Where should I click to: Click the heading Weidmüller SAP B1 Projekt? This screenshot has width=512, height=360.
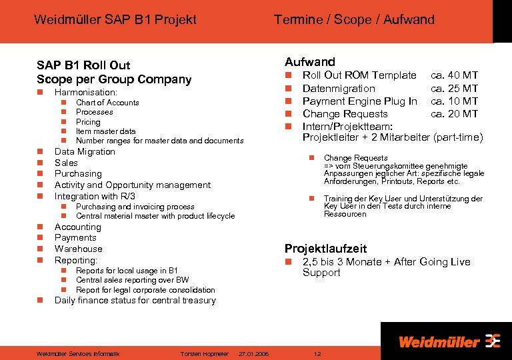pos(115,20)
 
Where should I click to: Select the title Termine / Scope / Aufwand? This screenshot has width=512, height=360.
pos(354,20)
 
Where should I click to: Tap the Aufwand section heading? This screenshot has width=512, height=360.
pos(310,61)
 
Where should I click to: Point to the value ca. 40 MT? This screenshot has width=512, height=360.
pos(454,75)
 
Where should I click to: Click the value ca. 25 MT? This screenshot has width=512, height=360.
pos(454,88)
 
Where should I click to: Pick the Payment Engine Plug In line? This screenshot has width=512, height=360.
pos(360,101)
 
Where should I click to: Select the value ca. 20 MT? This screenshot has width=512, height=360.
pos(454,113)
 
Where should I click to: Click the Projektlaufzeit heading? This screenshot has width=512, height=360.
pos(325,249)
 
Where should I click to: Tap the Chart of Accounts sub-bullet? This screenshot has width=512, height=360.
pos(107,103)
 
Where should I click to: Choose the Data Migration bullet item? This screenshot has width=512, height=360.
pos(85,151)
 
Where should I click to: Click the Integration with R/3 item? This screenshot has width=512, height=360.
pos(95,196)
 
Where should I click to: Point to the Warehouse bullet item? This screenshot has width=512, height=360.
pos(78,249)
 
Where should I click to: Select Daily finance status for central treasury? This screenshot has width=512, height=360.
pos(135,301)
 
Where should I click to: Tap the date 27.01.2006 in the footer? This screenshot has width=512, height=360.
pos(253,354)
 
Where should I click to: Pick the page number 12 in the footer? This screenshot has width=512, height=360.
pos(317,354)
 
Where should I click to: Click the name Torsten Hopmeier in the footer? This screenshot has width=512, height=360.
pos(205,354)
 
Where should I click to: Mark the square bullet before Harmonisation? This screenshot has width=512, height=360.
pos(40,92)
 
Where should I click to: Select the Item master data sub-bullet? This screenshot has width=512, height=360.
pos(105,131)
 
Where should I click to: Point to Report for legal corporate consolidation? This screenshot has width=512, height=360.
pos(145,290)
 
